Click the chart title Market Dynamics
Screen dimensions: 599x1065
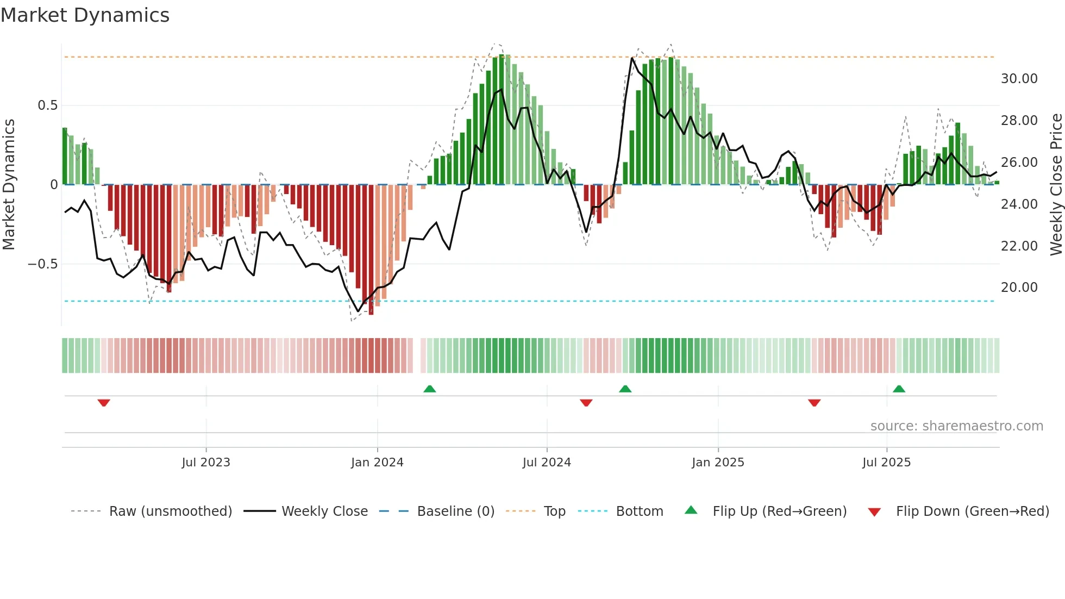[x=85, y=15]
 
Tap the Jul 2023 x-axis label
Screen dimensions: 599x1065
[x=206, y=463]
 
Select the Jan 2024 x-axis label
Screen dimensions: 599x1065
[x=377, y=463]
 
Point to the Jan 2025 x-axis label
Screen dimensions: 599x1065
[x=718, y=463]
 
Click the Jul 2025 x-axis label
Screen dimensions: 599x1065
[x=886, y=463]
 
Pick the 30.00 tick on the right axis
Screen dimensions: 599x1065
[x=1019, y=79]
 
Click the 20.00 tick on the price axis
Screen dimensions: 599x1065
[x=1019, y=288]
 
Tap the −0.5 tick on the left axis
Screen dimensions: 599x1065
[x=42, y=264]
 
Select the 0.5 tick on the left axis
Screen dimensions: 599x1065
[x=47, y=105]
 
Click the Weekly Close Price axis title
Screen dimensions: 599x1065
[x=1056, y=185]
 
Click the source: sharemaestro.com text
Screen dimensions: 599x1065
[x=956, y=426]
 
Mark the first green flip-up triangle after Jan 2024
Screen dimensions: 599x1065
[x=430, y=389]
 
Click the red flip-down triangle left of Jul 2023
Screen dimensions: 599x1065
[x=104, y=402]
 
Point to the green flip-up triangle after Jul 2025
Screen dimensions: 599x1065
[x=899, y=389]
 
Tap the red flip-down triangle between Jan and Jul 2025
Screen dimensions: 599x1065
[x=814, y=402]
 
